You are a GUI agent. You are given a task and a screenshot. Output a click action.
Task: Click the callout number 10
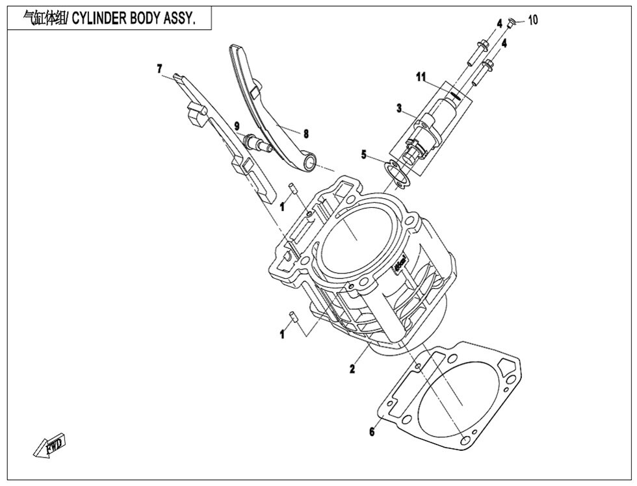point(533,20)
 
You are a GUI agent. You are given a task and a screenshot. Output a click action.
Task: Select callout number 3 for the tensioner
point(399,108)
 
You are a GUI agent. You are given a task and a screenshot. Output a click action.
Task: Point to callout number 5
point(365,155)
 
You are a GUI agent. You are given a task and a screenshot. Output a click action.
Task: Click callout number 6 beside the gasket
point(372,431)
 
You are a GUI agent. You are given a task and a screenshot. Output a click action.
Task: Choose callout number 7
point(158,67)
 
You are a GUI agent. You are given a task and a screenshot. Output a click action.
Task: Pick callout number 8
point(305,133)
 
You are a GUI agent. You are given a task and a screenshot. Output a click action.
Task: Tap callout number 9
point(237,125)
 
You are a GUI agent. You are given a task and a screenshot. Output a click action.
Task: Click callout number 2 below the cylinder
point(352,370)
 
